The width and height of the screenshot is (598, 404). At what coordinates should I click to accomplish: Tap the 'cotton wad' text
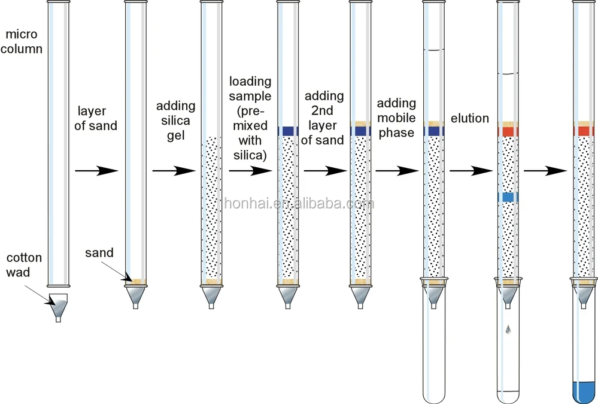[x=24, y=266]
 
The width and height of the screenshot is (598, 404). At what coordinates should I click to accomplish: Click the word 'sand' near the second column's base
[x=99, y=252]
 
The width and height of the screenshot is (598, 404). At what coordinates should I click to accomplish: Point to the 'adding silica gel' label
[x=175, y=120]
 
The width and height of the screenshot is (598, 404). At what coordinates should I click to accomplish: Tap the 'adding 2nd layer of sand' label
[x=323, y=118]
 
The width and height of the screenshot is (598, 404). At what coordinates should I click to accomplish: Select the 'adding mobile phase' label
[x=396, y=118]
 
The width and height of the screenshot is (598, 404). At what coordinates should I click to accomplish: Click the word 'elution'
[x=470, y=118]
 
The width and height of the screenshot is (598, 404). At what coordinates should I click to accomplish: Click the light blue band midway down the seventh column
[x=508, y=197]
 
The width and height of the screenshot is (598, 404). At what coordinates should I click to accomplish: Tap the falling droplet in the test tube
[x=508, y=329]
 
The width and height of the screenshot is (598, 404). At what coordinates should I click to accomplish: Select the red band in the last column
[x=584, y=131]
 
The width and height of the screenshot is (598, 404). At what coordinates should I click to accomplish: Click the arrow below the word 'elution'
[x=470, y=171]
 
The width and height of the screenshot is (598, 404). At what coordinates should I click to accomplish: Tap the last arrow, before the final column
[x=545, y=171]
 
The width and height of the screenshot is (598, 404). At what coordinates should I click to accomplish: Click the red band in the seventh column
[x=508, y=131]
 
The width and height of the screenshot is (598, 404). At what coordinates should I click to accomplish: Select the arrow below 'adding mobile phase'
[x=396, y=171]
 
